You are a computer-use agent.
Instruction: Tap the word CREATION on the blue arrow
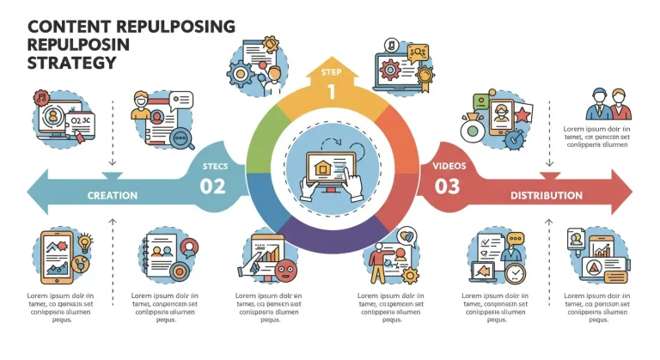click(113, 196)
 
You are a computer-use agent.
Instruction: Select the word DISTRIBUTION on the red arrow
click(546, 196)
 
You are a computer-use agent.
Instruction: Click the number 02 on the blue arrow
click(212, 185)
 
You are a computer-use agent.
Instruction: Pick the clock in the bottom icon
click(516, 274)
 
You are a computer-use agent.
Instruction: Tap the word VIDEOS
click(449, 164)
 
